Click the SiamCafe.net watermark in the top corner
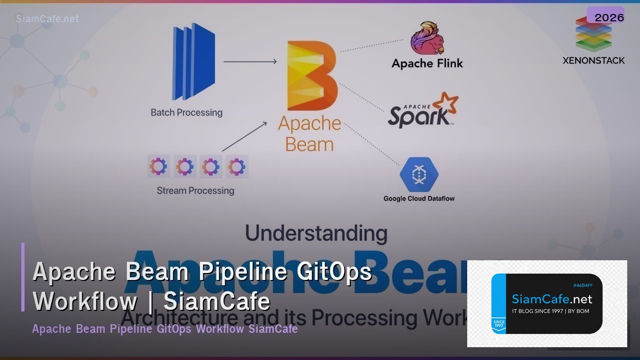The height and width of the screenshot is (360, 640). (x=47, y=19)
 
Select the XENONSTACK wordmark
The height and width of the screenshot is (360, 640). (x=594, y=60)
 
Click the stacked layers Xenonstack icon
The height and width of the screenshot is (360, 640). (x=593, y=35)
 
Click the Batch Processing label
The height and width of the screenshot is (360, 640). (x=186, y=113)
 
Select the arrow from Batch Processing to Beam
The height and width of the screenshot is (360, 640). (x=250, y=62)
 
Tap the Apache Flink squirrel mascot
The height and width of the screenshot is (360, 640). (x=427, y=38)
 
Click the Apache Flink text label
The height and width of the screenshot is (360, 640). (x=427, y=63)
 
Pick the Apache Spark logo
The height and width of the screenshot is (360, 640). (x=423, y=110)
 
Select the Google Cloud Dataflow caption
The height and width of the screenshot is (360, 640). (x=419, y=199)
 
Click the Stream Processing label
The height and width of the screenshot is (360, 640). (x=195, y=190)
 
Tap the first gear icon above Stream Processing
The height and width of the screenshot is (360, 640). (x=158, y=166)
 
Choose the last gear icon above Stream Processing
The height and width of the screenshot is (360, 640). (x=236, y=166)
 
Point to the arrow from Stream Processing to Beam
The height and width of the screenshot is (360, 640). (x=244, y=136)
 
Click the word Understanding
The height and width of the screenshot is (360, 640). (x=316, y=233)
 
